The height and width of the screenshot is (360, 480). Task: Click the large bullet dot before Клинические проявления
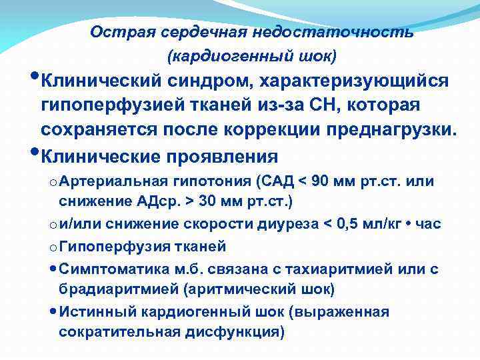point(34,151)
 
